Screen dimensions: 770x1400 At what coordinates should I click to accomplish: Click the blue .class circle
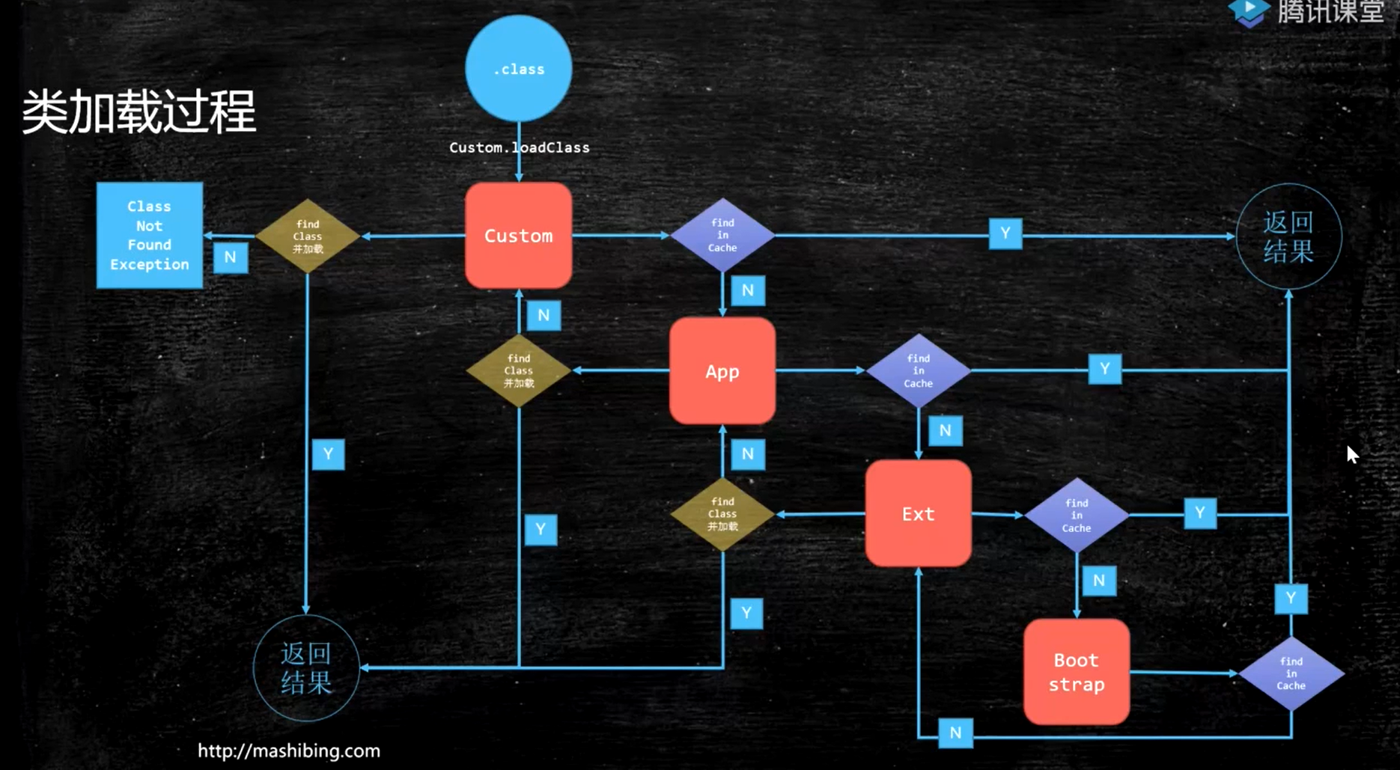click(x=518, y=69)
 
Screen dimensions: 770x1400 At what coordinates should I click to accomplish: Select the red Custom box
click(x=518, y=236)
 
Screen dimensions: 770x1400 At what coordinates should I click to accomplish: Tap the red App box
click(x=722, y=371)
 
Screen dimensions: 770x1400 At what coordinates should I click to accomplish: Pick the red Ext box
click(x=918, y=514)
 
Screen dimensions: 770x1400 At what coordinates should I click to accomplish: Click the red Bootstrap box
click(x=1076, y=672)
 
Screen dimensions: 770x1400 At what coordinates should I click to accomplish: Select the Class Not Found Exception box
click(x=149, y=235)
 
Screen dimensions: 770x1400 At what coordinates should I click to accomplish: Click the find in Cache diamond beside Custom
click(x=722, y=235)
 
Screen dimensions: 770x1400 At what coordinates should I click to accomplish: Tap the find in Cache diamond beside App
click(x=918, y=370)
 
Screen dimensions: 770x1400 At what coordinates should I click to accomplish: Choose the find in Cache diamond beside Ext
click(x=1077, y=515)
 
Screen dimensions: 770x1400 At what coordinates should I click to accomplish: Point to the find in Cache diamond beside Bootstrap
click(x=1291, y=673)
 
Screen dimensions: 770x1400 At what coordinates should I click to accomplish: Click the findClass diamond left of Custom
click(x=308, y=236)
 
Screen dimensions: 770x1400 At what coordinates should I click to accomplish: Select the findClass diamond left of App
click(x=518, y=370)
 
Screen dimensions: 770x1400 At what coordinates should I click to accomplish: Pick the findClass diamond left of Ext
click(x=722, y=514)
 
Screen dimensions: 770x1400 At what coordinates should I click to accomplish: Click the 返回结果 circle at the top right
click(x=1288, y=236)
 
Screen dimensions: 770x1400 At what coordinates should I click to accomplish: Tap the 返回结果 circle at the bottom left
click(x=306, y=667)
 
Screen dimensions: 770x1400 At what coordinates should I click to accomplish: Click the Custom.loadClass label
click(x=519, y=147)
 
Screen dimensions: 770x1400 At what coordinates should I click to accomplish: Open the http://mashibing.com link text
click(x=289, y=751)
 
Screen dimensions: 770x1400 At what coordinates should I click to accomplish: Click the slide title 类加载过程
click(x=139, y=112)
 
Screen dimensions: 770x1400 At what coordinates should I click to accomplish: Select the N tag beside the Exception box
click(x=231, y=257)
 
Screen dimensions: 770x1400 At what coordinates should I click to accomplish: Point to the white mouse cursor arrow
click(x=1351, y=454)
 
